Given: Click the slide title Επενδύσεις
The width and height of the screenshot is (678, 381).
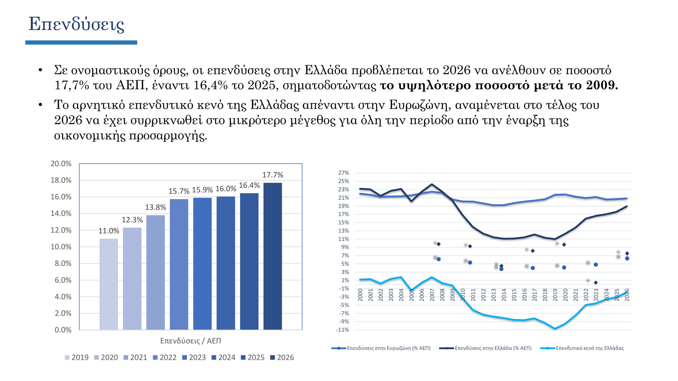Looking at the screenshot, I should (76, 24).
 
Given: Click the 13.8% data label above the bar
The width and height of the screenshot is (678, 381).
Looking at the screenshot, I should (155, 207).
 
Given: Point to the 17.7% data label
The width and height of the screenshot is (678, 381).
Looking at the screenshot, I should (273, 175).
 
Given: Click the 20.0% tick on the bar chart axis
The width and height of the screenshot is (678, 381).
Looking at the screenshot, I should (61, 164).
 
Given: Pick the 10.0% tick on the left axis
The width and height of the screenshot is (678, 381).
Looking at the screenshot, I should (61, 247).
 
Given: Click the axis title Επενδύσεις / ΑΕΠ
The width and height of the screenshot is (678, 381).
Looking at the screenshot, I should (190, 341).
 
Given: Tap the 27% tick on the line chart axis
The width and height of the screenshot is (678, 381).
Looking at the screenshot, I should (344, 173).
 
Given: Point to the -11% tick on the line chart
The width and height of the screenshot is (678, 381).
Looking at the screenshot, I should (342, 330).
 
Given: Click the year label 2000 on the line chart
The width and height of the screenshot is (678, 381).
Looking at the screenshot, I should (360, 295).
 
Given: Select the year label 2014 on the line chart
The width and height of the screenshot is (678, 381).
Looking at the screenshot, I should (504, 295).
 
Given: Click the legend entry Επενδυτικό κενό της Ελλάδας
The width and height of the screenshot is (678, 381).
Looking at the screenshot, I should (590, 348).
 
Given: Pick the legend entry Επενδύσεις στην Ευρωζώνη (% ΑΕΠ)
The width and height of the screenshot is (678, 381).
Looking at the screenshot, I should (389, 348).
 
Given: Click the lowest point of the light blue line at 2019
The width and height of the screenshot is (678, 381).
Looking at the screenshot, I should (555, 329).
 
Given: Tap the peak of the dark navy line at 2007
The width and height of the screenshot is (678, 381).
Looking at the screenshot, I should (432, 184).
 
